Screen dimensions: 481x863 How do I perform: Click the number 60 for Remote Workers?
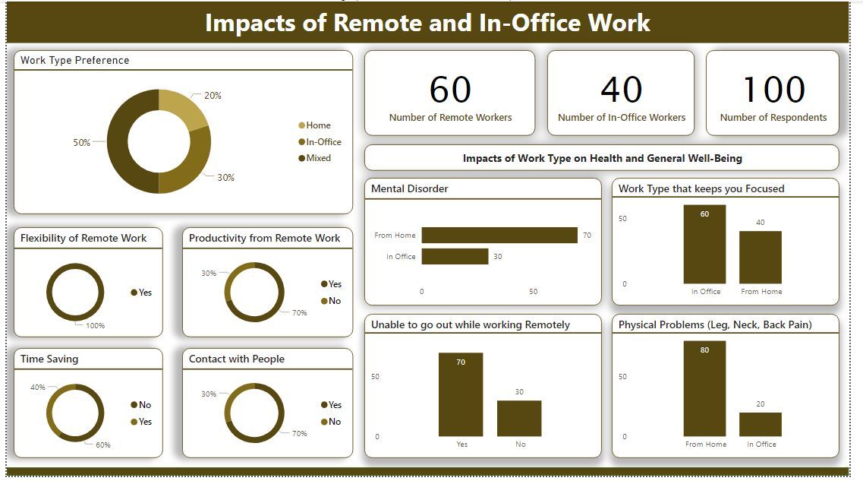450,90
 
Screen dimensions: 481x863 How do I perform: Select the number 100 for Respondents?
773,90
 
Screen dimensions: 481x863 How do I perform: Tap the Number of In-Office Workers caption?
621,118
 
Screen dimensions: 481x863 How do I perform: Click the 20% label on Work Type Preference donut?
213,96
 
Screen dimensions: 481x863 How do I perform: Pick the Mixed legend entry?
318,158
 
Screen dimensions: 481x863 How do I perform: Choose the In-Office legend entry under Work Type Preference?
323,142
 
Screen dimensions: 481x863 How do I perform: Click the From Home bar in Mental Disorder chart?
499,236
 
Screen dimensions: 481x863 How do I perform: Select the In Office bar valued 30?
455,257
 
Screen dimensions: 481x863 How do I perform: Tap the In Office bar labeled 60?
704,244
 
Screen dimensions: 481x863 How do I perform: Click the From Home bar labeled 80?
704,388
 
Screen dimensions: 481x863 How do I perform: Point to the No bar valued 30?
519,418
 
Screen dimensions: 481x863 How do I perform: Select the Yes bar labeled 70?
461,394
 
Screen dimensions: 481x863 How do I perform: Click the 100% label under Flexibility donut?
95,326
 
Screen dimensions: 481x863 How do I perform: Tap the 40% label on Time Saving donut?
38,388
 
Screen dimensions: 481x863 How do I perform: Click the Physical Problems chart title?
715,324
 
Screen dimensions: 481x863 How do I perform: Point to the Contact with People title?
237,359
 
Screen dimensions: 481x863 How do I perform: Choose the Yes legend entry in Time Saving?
144,422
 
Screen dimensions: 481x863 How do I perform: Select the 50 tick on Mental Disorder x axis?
533,292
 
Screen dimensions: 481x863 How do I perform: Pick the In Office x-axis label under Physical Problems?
761,445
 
